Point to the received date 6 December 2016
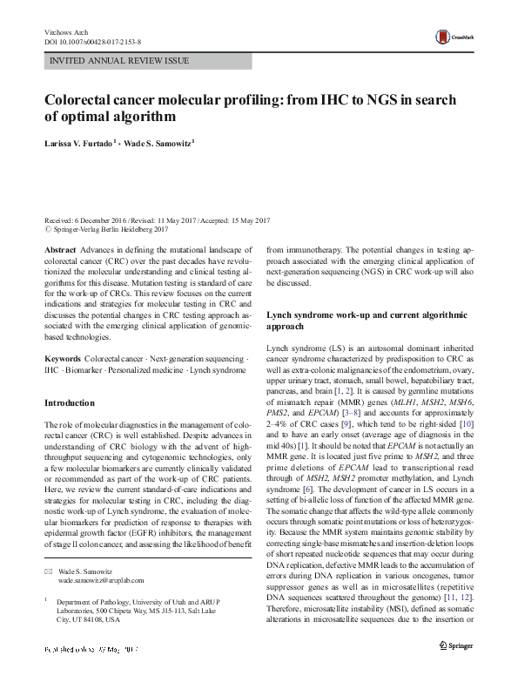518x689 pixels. pyautogui.click(x=106, y=221)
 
